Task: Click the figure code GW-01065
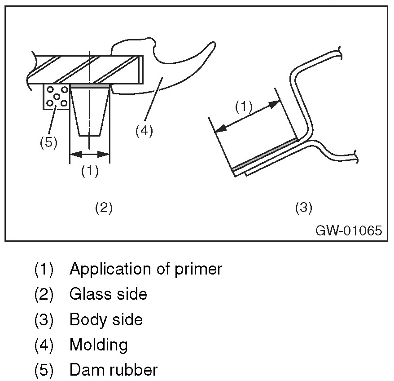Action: pyautogui.click(x=349, y=230)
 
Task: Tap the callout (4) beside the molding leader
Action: pyautogui.click(x=144, y=131)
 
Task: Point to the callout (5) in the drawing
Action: pyautogui.click(x=49, y=142)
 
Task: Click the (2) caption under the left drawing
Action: pyautogui.click(x=104, y=208)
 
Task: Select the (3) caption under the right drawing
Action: pyautogui.click(x=303, y=208)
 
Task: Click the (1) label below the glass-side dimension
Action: pyautogui.click(x=90, y=171)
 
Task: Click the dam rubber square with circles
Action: pyautogui.click(x=56, y=97)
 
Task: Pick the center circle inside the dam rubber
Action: pyautogui.click(x=57, y=97)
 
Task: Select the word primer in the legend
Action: pyautogui.click(x=198, y=270)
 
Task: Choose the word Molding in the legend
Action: pyautogui.click(x=99, y=346)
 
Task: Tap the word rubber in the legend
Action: pyautogui.click(x=134, y=370)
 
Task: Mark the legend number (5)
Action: pyautogui.click(x=44, y=370)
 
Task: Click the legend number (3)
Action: pyautogui.click(x=44, y=320)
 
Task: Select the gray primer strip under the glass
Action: pyautogui.click(x=90, y=86)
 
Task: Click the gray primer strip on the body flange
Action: pyautogui.click(x=265, y=154)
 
